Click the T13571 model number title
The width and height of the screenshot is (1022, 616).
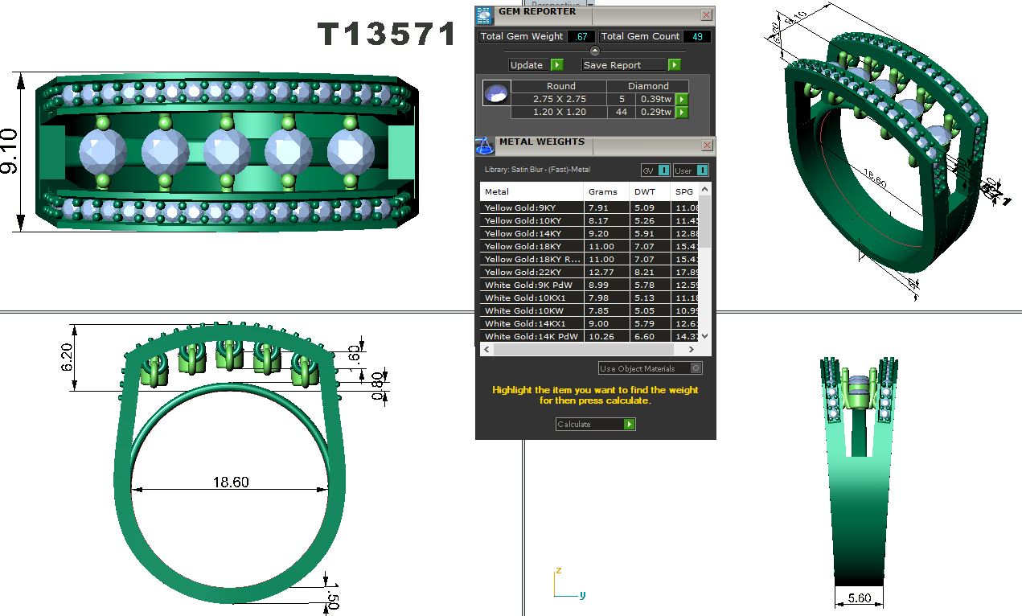click(x=388, y=35)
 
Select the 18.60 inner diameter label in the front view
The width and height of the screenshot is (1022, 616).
click(x=231, y=483)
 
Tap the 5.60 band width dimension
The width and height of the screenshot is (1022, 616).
click(x=859, y=598)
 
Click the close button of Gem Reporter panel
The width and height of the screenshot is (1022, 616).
click(x=706, y=14)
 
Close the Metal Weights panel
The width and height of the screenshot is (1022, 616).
click(x=706, y=146)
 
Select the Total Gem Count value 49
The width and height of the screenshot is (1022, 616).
click(x=697, y=37)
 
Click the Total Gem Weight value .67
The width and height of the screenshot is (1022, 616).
click(x=581, y=37)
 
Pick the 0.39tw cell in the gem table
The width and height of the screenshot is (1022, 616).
click(x=654, y=99)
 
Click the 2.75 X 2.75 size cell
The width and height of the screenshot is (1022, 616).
click(x=560, y=99)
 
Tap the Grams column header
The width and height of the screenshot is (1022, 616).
click(x=603, y=192)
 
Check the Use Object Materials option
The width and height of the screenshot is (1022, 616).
click(x=696, y=368)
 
